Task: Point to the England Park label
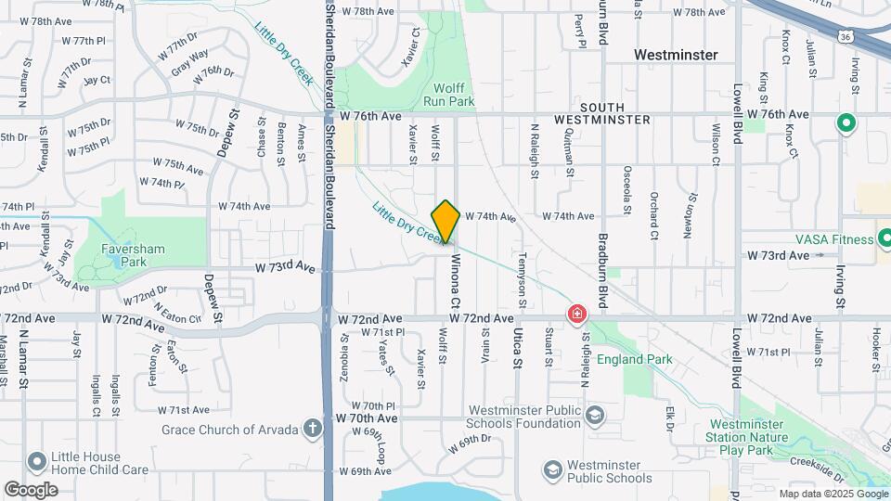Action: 634,359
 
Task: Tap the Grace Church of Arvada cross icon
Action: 314,429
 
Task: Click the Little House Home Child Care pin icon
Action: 37,461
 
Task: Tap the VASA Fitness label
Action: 834,238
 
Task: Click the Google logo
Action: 31,489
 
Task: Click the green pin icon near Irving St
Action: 846,123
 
